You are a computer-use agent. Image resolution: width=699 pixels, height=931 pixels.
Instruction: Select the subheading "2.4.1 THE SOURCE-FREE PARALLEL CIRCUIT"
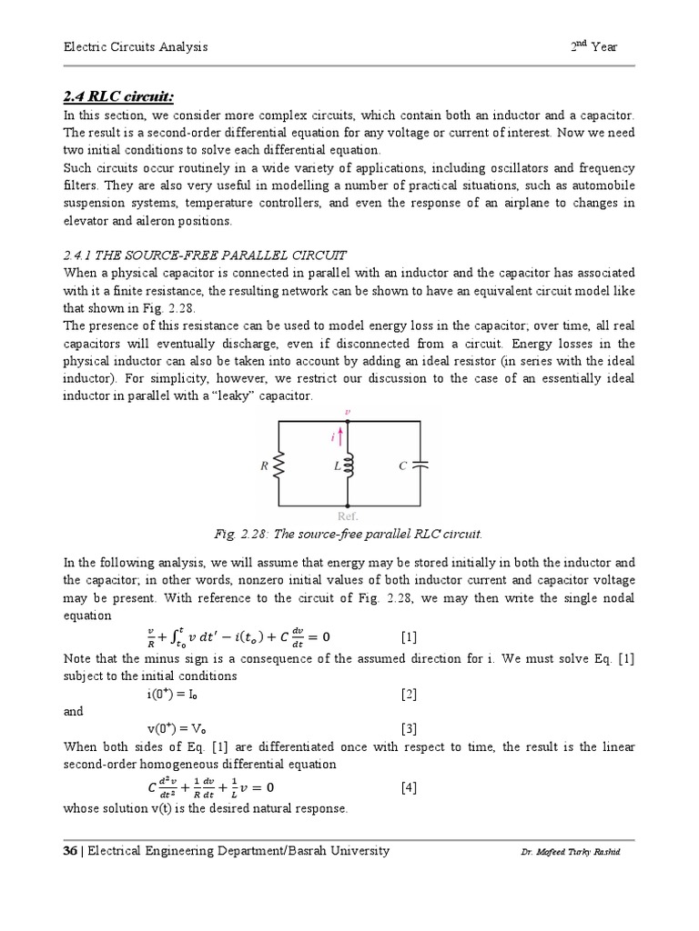click(x=204, y=254)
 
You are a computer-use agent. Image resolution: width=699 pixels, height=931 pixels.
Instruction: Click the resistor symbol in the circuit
click(x=279, y=465)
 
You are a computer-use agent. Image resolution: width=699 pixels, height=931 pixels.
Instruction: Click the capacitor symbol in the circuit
click(x=420, y=465)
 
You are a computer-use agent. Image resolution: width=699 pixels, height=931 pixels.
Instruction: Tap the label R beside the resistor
click(x=264, y=465)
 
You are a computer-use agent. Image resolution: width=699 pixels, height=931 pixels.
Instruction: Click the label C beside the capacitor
click(x=401, y=465)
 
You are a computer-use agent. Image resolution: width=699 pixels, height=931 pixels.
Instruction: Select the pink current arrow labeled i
click(x=342, y=437)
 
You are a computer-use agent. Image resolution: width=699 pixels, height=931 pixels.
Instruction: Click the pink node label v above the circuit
click(x=347, y=411)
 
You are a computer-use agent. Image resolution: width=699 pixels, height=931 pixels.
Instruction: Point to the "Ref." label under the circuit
click(x=347, y=516)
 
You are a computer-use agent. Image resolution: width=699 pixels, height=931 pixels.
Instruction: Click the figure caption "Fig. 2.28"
click(x=349, y=533)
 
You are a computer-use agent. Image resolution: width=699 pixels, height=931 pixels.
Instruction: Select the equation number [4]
click(x=409, y=787)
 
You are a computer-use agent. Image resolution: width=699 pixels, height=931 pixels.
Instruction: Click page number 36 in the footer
click(x=69, y=851)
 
